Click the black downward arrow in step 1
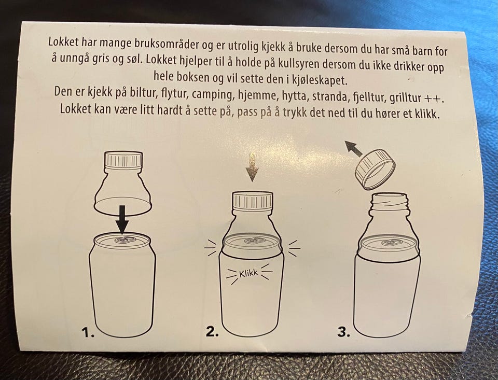click(122, 219)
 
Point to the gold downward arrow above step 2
click(252, 167)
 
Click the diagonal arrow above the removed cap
click(354, 149)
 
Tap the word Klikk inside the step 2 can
click(248, 273)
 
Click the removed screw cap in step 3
click(375, 170)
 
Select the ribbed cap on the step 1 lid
click(123, 160)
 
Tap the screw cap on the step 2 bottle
click(253, 200)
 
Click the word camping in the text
click(212, 94)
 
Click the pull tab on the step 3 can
click(390, 243)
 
